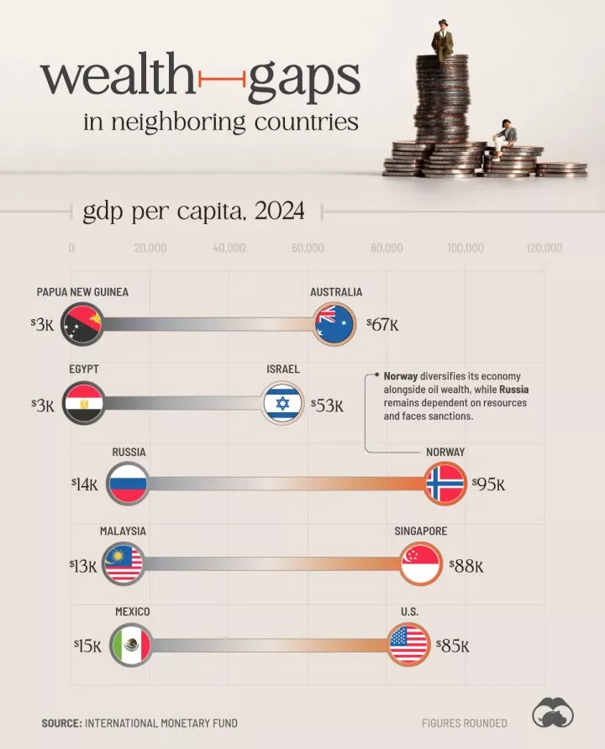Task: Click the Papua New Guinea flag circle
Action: [82, 324]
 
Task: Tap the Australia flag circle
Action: [334, 324]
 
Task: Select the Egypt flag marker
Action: [83, 404]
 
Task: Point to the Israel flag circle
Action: [282, 404]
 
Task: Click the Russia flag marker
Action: [128, 484]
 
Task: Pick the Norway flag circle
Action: [445, 484]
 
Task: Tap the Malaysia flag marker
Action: [124, 565]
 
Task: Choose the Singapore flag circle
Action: [421, 565]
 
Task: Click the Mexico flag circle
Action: [130, 646]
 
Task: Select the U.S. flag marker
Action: [409, 646]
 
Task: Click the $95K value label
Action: [489, 484]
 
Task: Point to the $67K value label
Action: [383, 324]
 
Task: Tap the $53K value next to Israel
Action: [328, 406]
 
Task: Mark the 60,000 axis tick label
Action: [308, 249]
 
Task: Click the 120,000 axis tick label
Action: [544, 249]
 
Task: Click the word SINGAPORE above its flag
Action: [420, 532]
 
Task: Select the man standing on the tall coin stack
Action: [443, 37]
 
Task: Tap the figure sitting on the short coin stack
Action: [505, 136]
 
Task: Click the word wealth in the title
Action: [118, 79]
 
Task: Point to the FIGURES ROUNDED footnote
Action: [465, 723]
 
